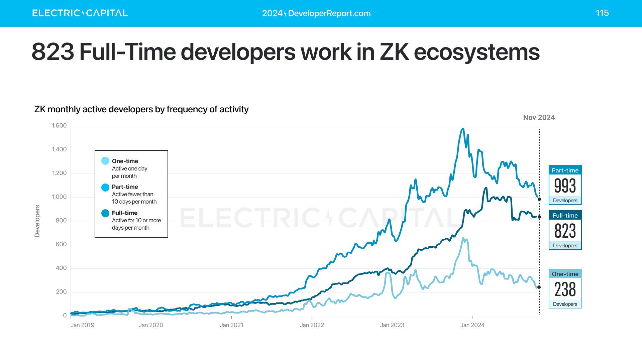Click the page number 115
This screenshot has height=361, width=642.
(x=602, y=13)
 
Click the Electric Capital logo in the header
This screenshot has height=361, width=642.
(x=80, y=13)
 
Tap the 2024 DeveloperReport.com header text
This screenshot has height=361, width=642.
(x=316, y=13)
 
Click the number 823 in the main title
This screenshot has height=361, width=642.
(x=53, y=52)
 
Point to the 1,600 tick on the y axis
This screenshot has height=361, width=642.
(x=59, y=126)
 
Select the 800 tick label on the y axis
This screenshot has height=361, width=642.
(x=61, y=221)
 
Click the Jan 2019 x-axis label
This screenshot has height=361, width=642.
(x=83, y=325)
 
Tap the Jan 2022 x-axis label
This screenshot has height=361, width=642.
(x=312, y=325)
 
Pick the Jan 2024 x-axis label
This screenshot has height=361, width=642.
(x=472, y=325)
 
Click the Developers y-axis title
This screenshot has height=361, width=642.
(x=37, y=221)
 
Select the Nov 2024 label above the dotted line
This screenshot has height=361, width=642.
(x=539, y=118)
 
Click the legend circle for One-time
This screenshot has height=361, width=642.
(x=105, y=161)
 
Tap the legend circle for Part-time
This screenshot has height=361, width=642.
(x=105, y=187)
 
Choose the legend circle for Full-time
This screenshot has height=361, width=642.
(x=105, y=213)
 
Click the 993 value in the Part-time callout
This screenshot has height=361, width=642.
(x=565, y=186)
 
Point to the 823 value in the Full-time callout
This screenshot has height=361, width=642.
(x=565, y=231)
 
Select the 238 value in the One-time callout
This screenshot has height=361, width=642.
(x=565, y=289)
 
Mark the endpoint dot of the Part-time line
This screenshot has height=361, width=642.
(x=539, y=199)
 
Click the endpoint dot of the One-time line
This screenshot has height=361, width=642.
(x=539, y=287)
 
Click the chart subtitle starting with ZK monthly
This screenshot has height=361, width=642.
(x=141, y=109)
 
